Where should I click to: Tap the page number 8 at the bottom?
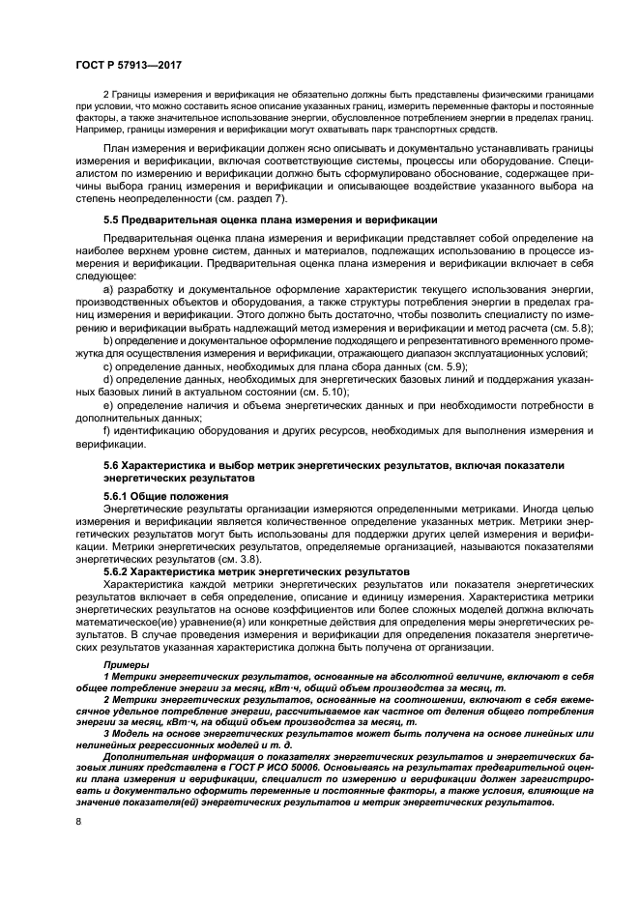pos(78,821)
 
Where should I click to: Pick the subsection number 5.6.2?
pos(121,572)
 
